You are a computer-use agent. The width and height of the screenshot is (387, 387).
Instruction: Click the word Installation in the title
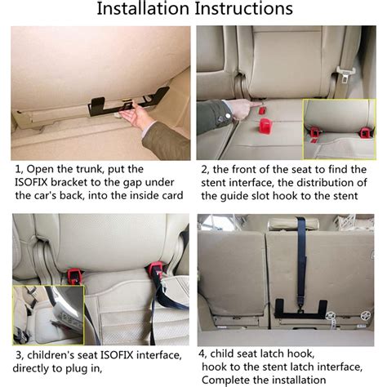coord(143,10)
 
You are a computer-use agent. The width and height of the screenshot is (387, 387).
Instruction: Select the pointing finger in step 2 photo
coord(236,107)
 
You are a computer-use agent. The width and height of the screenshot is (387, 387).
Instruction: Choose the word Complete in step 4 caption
coord(227,380)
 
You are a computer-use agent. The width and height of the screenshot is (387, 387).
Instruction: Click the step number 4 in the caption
coord(202,354)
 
